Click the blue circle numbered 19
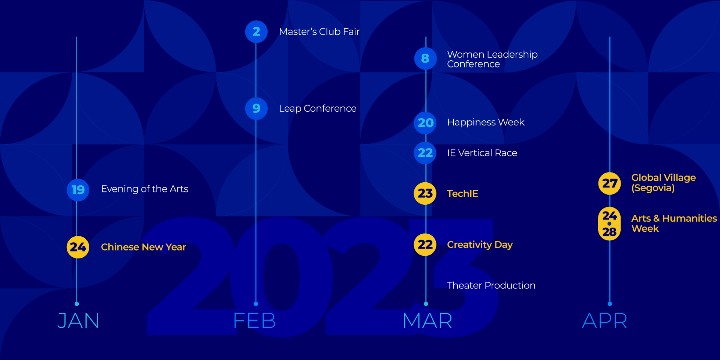click(x=78, y=190)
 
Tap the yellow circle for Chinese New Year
click(x=78, y=247)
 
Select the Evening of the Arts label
click(x=145, y=189)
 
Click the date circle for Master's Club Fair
click(x=256, y=32)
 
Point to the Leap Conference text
click(x=318, y=109)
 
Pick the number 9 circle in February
click(x=256, y=108)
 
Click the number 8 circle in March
click(x=425, y=58)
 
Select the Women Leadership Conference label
click(x=492, y=59)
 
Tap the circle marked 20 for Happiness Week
click(x=425, y=123)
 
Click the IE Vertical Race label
click(x=482, y=153)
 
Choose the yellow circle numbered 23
click(x=425, y=193)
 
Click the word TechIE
click(x=463, y=193)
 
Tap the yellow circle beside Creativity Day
click(x=425, y=245)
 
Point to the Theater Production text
click(x=491, y=285)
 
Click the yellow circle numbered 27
click(x=609, y=183)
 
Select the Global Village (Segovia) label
click(x=664, y=183)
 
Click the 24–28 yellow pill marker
click(x=609, y=223)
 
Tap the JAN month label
click(x=78, y=321)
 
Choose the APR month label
click(x=604, y=321)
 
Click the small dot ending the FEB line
click(x=256, y=304)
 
